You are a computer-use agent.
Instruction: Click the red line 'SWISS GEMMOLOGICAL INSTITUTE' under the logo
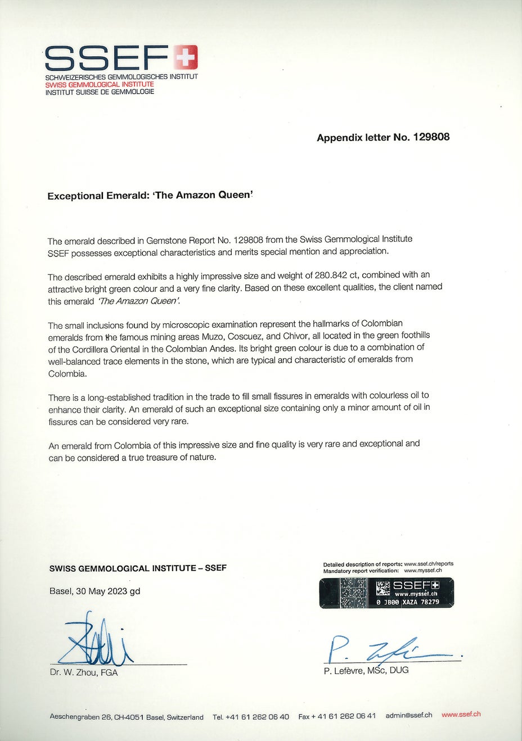pos(100,84)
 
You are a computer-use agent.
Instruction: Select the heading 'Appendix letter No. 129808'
pos(383,137)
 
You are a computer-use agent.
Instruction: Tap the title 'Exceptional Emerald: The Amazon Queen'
pos(150,196)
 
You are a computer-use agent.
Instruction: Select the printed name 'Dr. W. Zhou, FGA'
pos(84,672)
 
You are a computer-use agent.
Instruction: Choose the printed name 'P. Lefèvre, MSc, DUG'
pos(366,670)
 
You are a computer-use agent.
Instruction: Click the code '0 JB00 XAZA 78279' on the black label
pos(408,602)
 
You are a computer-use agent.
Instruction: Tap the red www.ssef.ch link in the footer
pos(461,715)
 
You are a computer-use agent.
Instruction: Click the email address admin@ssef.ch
pos(409,715)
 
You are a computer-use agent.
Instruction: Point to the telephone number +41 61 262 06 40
pos(258,717)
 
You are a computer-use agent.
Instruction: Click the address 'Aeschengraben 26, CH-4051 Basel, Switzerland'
pos(127,717)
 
